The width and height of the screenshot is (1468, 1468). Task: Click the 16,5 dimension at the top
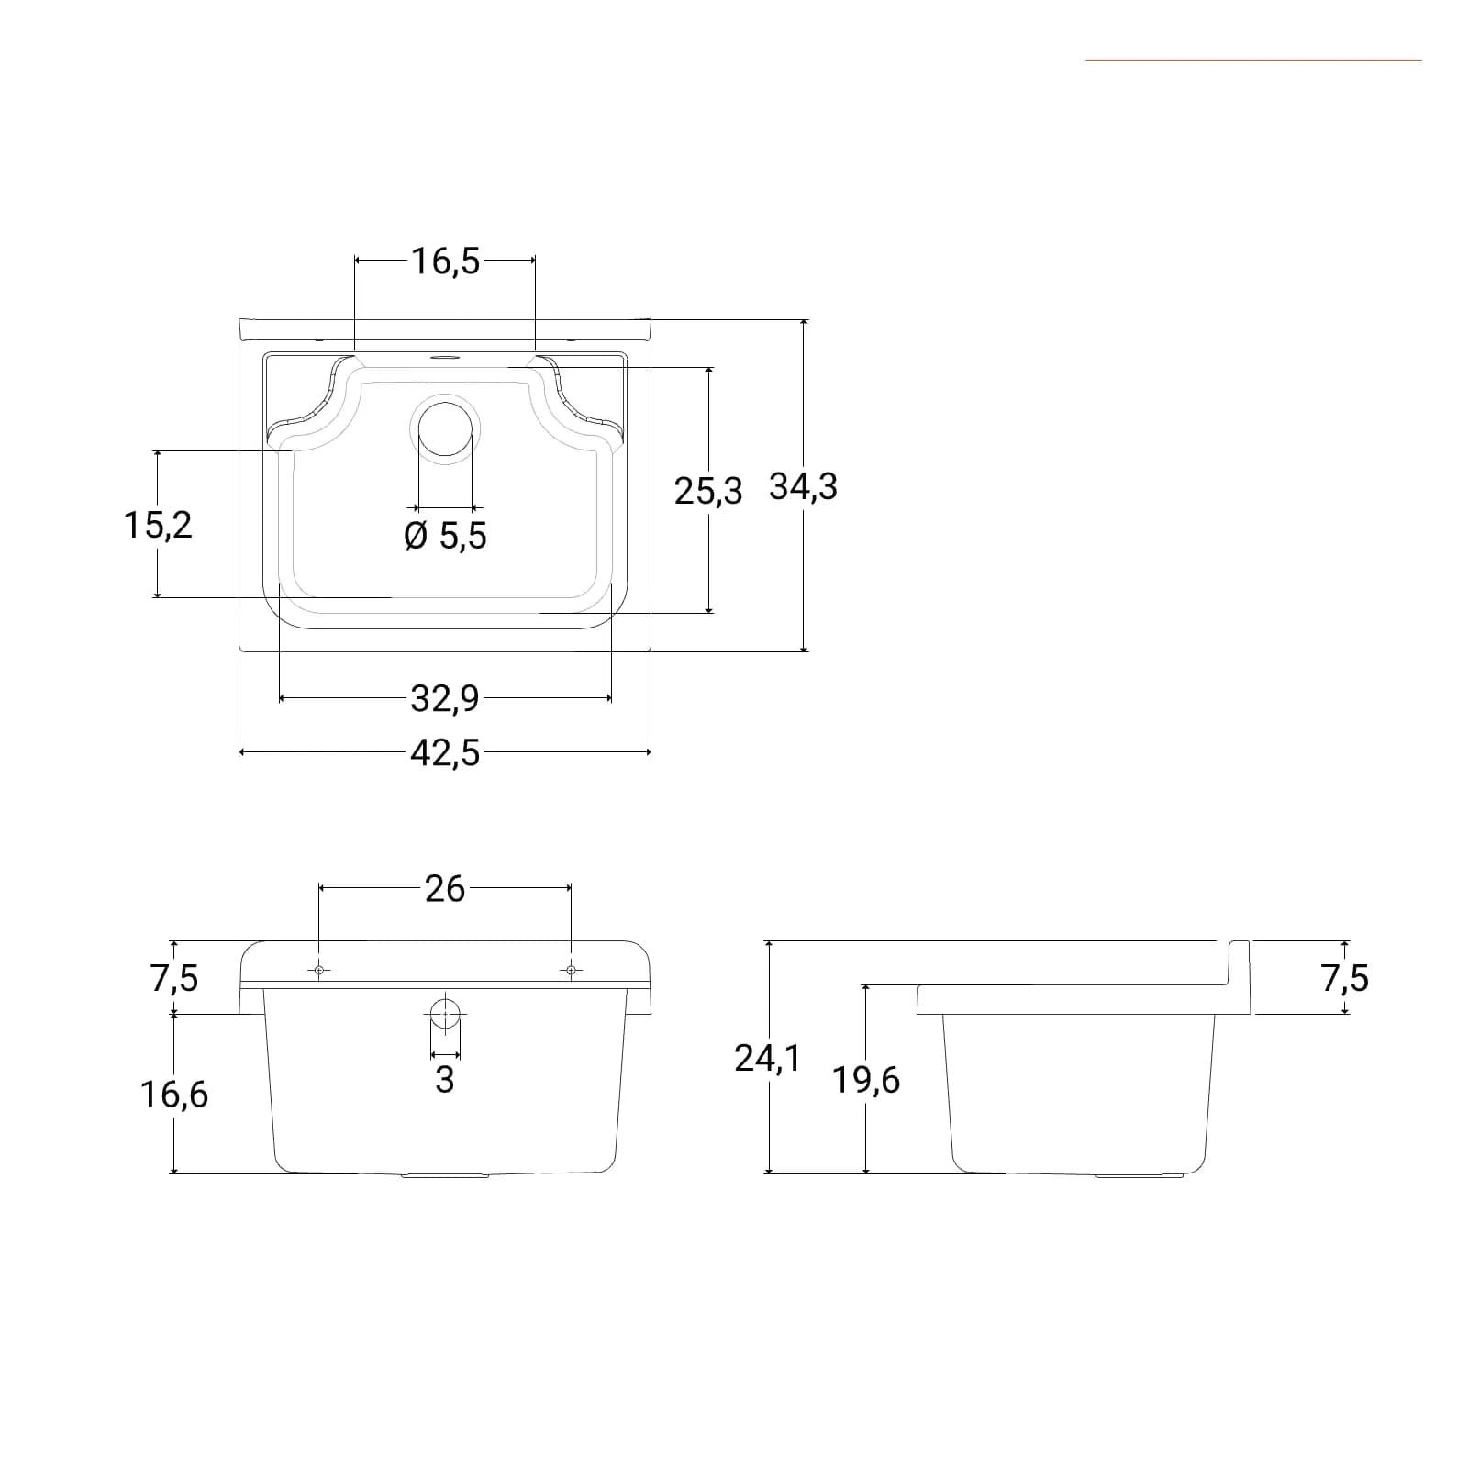tap(445, 261)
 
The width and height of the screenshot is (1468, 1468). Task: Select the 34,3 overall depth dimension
tap(803, 486)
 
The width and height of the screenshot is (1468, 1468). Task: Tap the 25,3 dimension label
tap(707, 491)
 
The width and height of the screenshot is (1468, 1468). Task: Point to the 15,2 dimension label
tap(158, 525)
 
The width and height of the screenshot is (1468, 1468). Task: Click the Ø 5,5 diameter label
tap(445, 535)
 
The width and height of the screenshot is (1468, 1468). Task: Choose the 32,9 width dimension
tap(445, 699)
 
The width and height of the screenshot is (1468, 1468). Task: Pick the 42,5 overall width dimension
tap(445, 753)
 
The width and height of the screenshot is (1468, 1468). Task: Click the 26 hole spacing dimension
tap(445, 888)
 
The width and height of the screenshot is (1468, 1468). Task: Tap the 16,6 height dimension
tap(173, 1094)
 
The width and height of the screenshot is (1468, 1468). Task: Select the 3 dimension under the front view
tap(445, 1080)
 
